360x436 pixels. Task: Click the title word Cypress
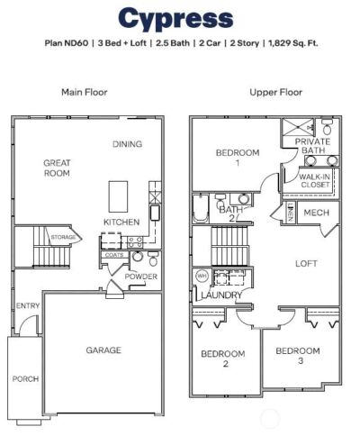tap(175, 18)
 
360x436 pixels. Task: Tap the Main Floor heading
tap(84, 92)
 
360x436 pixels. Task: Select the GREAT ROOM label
tap(57, 168)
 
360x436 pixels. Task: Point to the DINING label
tap(129, 144)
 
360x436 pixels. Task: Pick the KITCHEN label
tap(121, 222)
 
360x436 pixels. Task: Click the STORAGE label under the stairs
tap(64, 238)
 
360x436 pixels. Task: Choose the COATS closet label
tap(113, 255)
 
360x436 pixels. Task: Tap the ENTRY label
tap(28, 306)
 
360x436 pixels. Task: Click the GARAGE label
tap(103, 350)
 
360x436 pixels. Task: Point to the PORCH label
tap(25, 379)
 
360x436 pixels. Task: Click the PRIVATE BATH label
tap(312, 147)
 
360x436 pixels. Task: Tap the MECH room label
tap(315, 213)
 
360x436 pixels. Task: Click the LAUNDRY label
tap(219, 295)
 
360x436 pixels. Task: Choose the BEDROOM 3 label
tap(297, 355)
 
